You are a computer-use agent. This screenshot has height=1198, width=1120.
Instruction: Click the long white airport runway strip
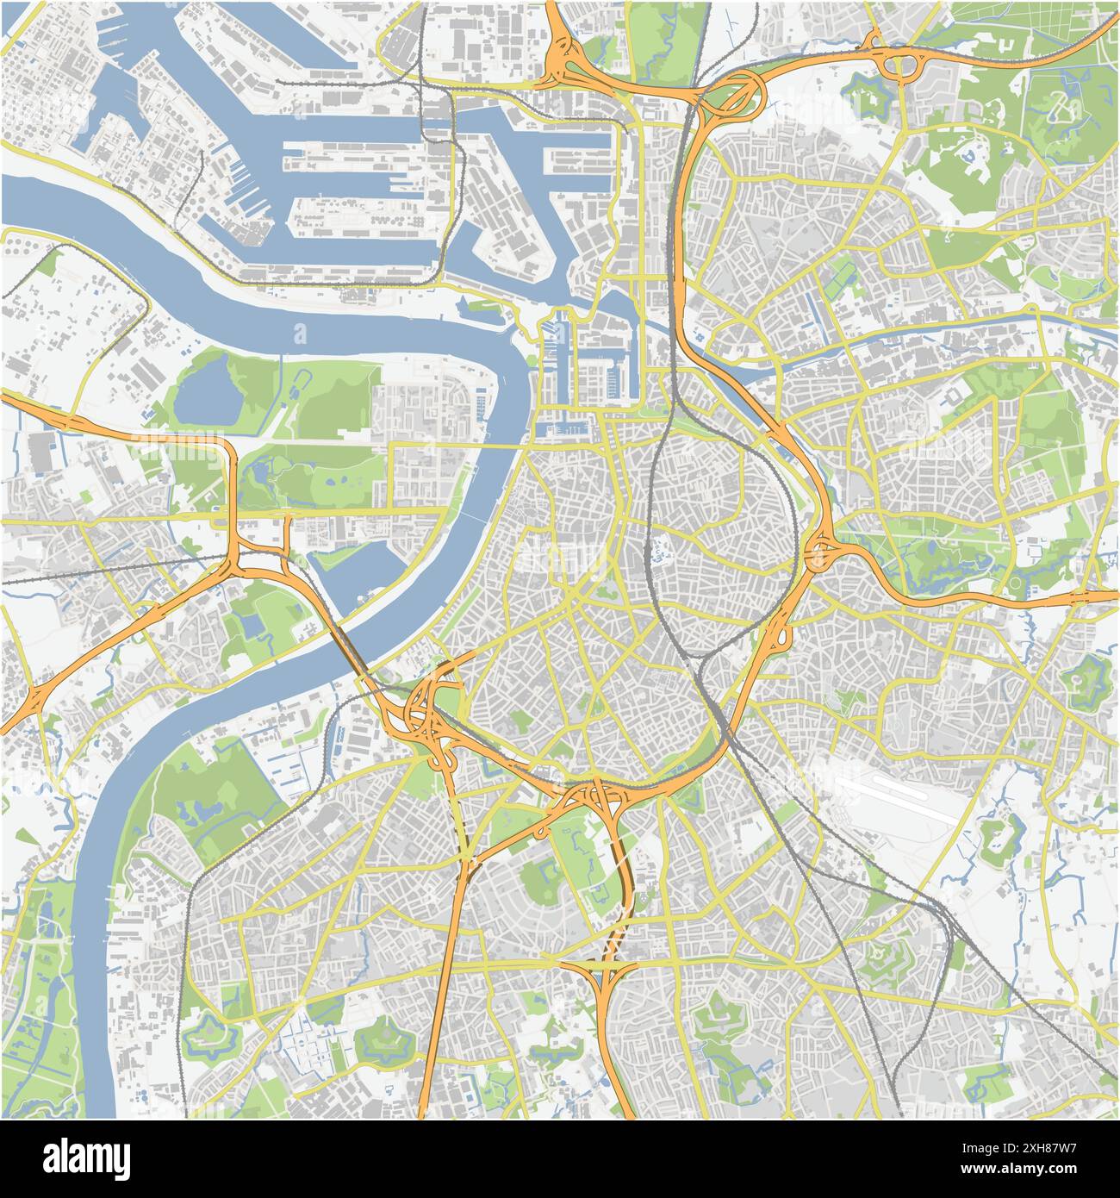click(913, 791)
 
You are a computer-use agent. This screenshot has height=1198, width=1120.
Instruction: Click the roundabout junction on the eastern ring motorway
click(818, 552)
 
